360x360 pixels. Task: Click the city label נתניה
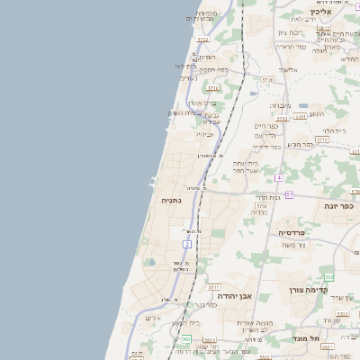point(171,200)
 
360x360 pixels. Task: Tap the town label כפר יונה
point(338,205)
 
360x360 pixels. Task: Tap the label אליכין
point(321,12)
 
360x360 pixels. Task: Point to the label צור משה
point(294,245)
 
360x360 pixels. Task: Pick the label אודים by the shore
point(153,318)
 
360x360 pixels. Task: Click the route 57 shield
point(289,194)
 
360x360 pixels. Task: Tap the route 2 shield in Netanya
point(187,243)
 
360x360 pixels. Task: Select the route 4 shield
point(280,177)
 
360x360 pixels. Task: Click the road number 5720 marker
point(267,80)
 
